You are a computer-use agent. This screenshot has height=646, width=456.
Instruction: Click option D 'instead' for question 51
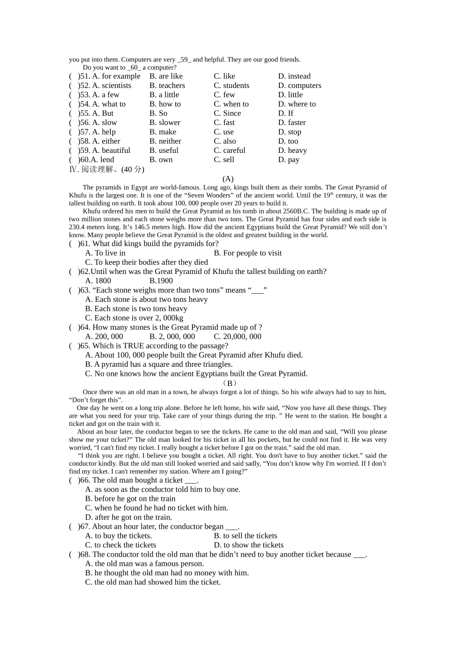tap(294, 76)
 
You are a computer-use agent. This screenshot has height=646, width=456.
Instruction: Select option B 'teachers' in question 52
tap(167, 86)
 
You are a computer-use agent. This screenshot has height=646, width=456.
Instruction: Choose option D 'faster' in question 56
tap(292, 123)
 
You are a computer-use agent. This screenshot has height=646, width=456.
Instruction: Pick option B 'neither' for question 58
tap(165, 141)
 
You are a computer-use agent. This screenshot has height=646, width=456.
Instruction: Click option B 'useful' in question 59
tap(164, 150)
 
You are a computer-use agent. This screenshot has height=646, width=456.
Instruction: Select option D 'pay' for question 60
tap(288, 160)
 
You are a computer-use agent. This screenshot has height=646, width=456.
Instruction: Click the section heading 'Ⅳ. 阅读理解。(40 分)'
tap(107, 169)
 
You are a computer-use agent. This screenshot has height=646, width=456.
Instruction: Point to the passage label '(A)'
tap(228, 179)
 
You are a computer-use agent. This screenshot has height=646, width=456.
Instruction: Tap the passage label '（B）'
tap(229, 383)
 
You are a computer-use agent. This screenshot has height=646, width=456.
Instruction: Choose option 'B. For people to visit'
tap(248, 253)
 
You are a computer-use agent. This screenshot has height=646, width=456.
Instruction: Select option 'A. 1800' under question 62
tap(98, 281)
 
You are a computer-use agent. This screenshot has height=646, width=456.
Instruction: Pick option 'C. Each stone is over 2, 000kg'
tap(134, 318)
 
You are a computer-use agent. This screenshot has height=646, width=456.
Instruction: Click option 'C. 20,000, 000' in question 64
tap(238, 336)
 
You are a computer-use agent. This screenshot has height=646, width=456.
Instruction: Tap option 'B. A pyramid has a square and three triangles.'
tap(159, 364)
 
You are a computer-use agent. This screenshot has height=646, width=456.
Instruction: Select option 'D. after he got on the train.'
tap(128, 517)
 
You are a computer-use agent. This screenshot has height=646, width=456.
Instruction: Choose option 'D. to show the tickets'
tap(249, 545)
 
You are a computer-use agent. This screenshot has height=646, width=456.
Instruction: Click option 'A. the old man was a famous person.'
tap(144, 563)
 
